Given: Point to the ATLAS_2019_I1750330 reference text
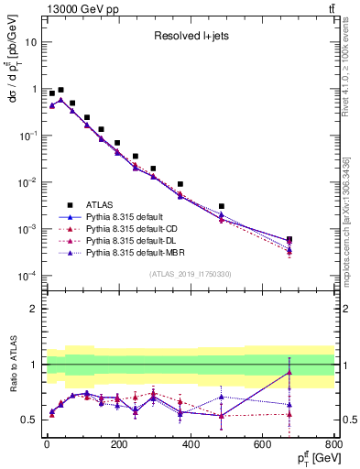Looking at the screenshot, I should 190,274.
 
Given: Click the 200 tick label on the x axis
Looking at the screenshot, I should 118,445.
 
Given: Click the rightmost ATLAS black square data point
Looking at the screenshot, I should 289,239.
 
